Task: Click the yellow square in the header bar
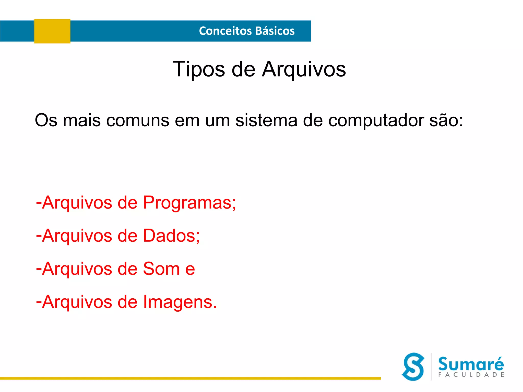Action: point(52,31)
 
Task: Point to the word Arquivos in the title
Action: point(304,69)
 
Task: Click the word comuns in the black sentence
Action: point(138,120)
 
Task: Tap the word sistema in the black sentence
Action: point(266,120)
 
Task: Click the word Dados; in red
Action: point(171,236)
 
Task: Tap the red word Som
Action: point(161,269)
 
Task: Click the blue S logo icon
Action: point(413,366)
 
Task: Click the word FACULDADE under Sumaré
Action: point(471,375)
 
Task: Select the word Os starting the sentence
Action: point(46,120)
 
